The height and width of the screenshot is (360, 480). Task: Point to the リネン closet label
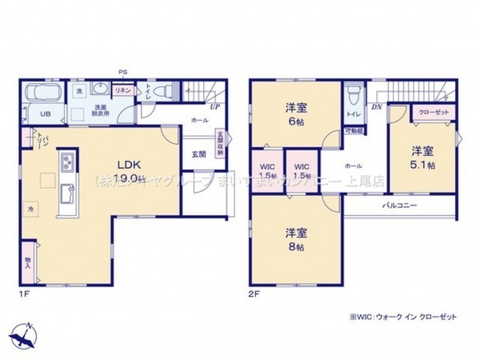pyautogui.click(x=122, y=90)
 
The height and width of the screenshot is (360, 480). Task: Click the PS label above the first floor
pyautogui.click(x=122, y=72)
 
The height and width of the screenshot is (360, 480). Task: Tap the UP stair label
pyautogui.click(x=215, y=106)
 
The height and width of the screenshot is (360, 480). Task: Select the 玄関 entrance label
pyautogui.click(x=198, y=153)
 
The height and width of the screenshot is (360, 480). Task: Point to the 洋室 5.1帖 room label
pyautogui.click(x=423, y=158)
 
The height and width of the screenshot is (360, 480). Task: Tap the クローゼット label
pyautogui.click(x=432, y=114)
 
